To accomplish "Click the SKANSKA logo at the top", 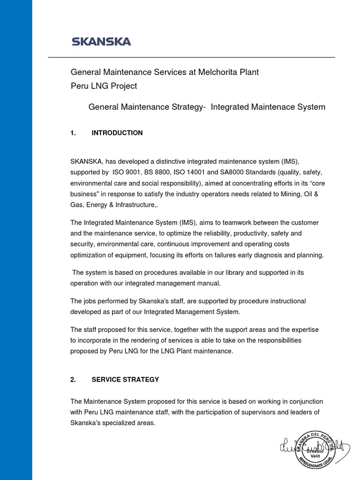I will (101, 42).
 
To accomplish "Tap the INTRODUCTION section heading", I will (117, 133).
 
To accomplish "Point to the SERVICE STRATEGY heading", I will (125, 380).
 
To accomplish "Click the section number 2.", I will (73, 380).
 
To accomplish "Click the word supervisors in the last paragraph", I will (267, 412).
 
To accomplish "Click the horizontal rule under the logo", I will (191, 57).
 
